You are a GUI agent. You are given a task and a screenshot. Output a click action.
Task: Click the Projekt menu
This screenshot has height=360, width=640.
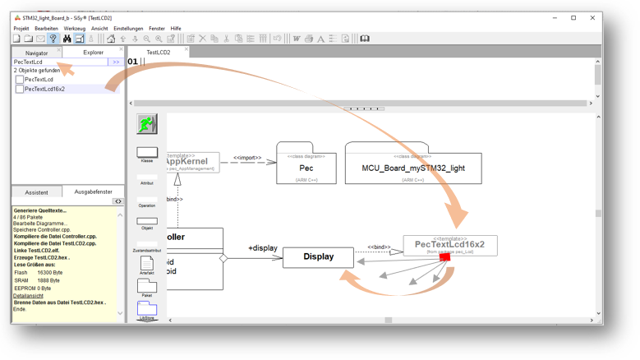click(21, 29)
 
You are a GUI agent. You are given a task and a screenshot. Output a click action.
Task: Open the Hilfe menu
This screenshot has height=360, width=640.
click(176, 29)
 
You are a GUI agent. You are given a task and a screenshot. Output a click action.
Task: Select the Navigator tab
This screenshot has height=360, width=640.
click(37, 53)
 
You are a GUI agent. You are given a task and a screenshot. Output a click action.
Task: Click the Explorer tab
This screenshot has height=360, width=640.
click(93, 53)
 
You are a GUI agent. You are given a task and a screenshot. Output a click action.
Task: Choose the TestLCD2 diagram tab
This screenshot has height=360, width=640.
click(158, 53)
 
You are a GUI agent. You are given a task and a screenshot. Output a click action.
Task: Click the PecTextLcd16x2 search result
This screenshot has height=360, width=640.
click(44, 89)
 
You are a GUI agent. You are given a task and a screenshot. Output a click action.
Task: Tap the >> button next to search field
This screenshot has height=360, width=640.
click(116, 62)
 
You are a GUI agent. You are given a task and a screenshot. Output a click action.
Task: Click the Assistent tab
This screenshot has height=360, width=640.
click(36, 192)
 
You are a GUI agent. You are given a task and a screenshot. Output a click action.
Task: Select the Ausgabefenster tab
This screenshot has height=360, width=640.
click(93, 192)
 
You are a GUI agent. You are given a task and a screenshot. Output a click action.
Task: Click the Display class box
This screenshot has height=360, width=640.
click(318, 256)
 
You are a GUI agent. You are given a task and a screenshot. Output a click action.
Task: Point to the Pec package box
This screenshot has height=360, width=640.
click(306, 167)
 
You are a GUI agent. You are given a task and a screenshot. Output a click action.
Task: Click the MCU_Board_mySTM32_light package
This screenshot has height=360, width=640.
click(412, 167)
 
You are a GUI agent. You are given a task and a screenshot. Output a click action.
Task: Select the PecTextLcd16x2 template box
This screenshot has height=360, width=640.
click(449, 244)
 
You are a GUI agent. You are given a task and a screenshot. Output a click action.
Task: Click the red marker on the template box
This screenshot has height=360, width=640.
click(444, 257)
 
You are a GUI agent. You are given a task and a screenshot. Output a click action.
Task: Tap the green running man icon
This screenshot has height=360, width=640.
click(147, 124)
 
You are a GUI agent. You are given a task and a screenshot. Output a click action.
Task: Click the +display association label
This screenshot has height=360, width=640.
click(262, 247)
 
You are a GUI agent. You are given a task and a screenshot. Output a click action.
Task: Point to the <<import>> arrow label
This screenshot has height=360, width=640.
click(246, 158)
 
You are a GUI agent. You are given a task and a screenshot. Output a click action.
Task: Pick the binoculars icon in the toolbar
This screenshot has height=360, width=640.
click(67, 39)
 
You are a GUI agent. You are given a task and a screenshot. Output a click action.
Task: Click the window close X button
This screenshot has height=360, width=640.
click(592, 17)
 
